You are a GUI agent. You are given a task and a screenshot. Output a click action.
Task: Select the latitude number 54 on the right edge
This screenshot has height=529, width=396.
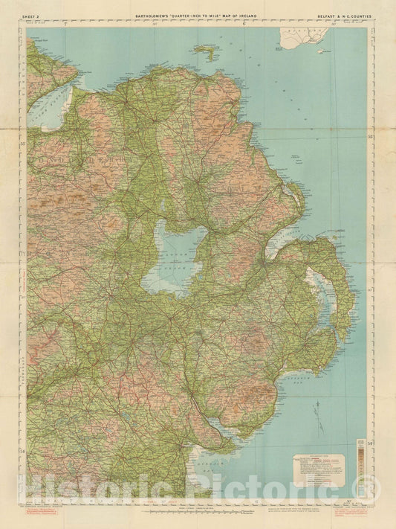pyautogui.click(x=369, y=451)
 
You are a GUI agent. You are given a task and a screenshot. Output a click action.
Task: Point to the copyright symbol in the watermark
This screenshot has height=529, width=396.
pyautogui.click(x=372, y=489)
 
